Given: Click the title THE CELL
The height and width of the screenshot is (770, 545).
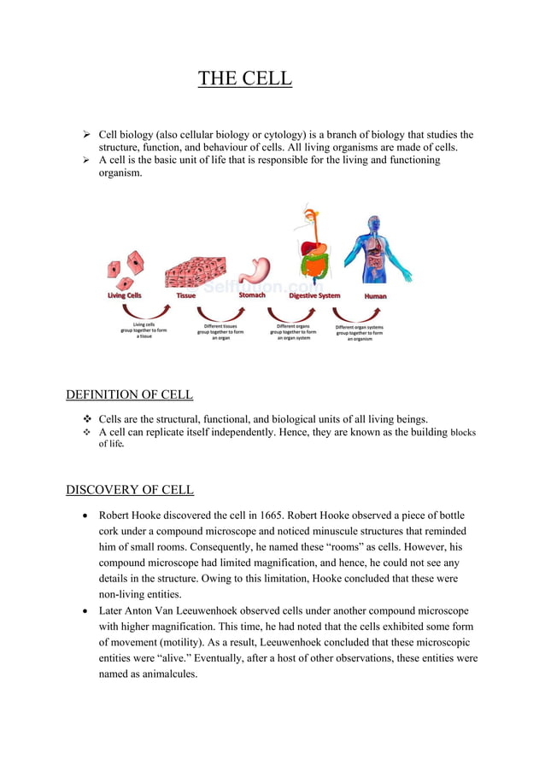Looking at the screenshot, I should pos(244,79).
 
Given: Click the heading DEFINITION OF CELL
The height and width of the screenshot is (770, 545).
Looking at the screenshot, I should pos(129,394).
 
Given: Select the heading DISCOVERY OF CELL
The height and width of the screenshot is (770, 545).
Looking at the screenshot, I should pos(129,490).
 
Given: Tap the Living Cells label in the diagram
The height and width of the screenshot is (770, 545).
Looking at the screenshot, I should pos(125,296).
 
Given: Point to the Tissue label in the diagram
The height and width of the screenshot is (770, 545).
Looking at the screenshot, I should pos(186,296).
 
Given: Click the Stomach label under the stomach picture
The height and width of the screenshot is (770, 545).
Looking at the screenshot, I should pos(252,295).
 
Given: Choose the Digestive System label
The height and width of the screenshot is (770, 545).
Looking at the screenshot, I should pos(314,296).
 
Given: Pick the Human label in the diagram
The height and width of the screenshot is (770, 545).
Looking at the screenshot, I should pos(375,296).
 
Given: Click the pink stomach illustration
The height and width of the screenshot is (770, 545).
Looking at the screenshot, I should pos(254,271).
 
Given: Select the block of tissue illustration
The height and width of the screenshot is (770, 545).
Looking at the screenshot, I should pos(195,271).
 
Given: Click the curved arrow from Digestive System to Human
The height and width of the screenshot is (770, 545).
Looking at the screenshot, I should pos(359,312).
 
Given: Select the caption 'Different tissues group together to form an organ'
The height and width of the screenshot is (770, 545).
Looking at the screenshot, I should pos(220,330).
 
